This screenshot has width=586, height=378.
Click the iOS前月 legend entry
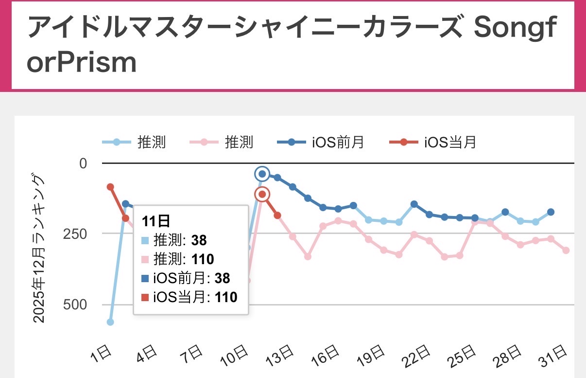pos(321,143)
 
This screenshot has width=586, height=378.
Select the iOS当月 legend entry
pos(433,143)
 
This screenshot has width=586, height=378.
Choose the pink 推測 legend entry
pos(221,143)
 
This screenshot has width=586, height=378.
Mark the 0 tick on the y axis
pos(83,163)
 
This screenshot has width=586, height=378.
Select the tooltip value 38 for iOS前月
pos(222,278)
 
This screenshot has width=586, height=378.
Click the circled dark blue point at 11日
pos(262,174)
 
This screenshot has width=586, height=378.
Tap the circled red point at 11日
pos(262,195)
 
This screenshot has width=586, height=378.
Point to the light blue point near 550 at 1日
pos(110,322)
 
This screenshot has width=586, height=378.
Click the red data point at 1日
pos(110,187)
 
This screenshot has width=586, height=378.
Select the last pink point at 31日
pos(566,251)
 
